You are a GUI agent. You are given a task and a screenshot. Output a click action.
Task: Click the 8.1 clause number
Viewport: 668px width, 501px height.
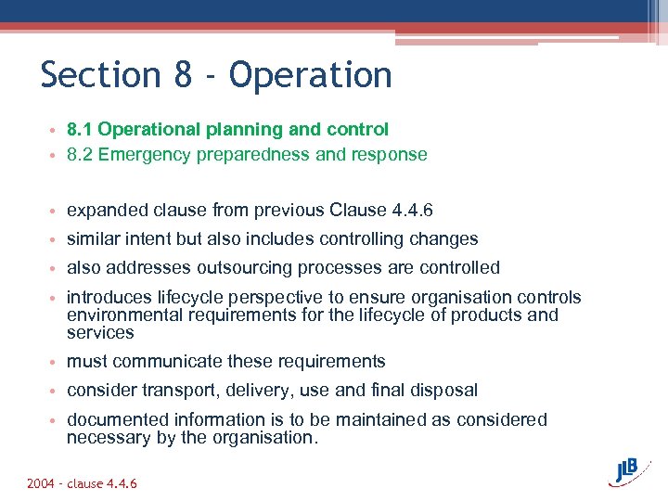(x=79, y=130)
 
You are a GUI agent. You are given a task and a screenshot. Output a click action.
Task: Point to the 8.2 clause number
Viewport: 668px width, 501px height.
(x=79, y=155)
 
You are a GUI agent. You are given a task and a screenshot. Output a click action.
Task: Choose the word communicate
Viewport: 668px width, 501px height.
(x=154, y=362)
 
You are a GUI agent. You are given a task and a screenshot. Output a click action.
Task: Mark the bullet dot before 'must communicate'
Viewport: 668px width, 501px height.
(x=57, y=363)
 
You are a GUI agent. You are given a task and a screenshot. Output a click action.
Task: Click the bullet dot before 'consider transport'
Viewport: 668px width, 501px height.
(x=57, y=392)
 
